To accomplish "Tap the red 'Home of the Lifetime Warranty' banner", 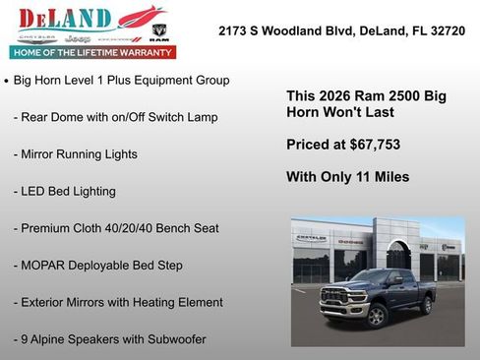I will tap(91, 51).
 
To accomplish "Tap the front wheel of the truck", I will tap(375, 316).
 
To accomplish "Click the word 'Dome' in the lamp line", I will tap(70, 117).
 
